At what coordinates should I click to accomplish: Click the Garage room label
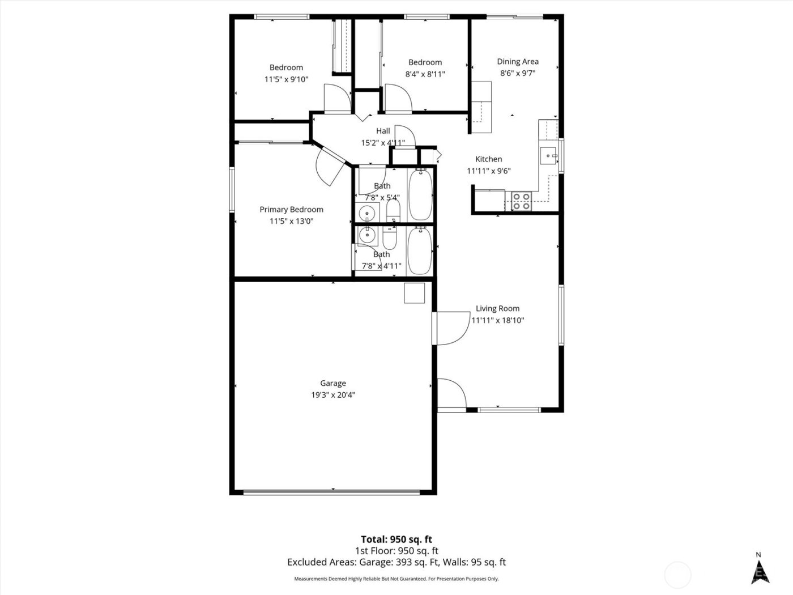click(332, 383)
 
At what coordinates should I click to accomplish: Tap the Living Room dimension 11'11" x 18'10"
click(497, 320)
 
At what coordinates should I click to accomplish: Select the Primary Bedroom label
click(291, 209)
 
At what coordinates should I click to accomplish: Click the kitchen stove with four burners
click(521, 201)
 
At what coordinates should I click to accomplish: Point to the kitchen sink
click(548, 155)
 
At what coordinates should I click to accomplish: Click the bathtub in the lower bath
click(420, 250)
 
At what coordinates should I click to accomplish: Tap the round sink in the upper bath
click(367, 213)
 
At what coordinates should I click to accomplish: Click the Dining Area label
click(518, 61)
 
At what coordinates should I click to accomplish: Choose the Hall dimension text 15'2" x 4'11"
click(383, 143)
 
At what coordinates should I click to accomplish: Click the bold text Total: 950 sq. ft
click(396, 539)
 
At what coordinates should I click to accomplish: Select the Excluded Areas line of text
click(396, 562)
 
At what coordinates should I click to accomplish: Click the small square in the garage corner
click(414, 292)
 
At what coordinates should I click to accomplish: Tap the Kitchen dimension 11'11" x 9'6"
click(488, 171)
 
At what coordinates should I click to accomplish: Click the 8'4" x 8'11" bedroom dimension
click(425, 74)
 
